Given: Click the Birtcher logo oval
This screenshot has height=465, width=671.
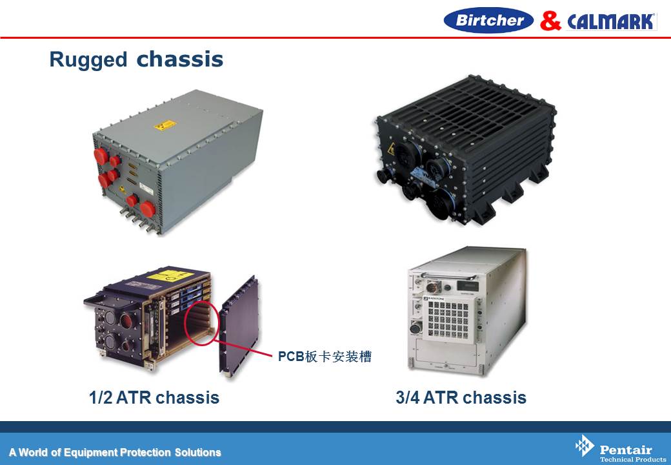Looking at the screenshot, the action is [x=488, y=20].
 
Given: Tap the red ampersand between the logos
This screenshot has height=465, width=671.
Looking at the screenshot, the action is [x=550, y=21].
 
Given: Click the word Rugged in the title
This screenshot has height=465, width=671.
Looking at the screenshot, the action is [x=88, y=59].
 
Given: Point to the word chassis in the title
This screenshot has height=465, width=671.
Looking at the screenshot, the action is [x=180, y=59].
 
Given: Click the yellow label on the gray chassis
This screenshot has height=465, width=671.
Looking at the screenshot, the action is [x=165, y=125].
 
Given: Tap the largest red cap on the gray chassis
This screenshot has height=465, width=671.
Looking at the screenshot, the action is [x=148, y=209].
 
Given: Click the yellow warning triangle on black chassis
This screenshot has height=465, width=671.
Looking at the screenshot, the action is [x=391, y=149].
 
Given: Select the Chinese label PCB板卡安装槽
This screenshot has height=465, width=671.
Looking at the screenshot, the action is [x=325, y=356].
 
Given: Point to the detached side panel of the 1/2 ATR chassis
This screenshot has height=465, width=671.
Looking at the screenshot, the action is [x=239, y=326].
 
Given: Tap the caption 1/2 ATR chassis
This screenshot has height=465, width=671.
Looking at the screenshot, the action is [x=154, y=397].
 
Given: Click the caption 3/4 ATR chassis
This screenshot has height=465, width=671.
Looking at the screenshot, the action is [x=461, y=397].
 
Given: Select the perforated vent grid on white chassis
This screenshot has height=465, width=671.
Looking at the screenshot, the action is [x=448, y=319].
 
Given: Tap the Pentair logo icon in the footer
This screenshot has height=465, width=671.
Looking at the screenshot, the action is [x=584, y=446].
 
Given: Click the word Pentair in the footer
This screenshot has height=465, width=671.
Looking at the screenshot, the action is [x=626, y=449].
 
